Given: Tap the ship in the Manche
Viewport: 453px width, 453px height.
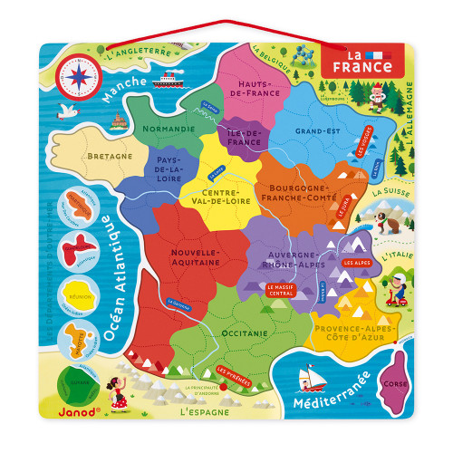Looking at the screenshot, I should (168, 79).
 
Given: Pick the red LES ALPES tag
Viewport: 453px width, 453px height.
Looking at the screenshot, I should (355, 263).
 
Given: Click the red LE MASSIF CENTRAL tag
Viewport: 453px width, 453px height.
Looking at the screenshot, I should (282, 290).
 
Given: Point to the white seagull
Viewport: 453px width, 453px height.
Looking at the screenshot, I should (66, 112).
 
